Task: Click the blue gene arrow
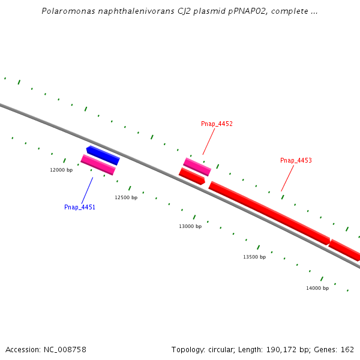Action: point(103,155)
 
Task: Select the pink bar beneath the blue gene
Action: point(98,164)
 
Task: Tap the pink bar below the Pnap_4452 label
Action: point(197,166)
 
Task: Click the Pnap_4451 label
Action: point(80,207)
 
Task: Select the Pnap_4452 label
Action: point(217,124)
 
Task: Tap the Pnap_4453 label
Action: point(296,161)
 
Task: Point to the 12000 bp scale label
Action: point(61,170)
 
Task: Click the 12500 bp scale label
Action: point(126,197)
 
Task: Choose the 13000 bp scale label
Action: point(190,226)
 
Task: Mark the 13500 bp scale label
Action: point(254,257)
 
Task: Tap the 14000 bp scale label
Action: point(317,288)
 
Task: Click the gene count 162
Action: point(347,350)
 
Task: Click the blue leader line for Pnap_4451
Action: point(87,189)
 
